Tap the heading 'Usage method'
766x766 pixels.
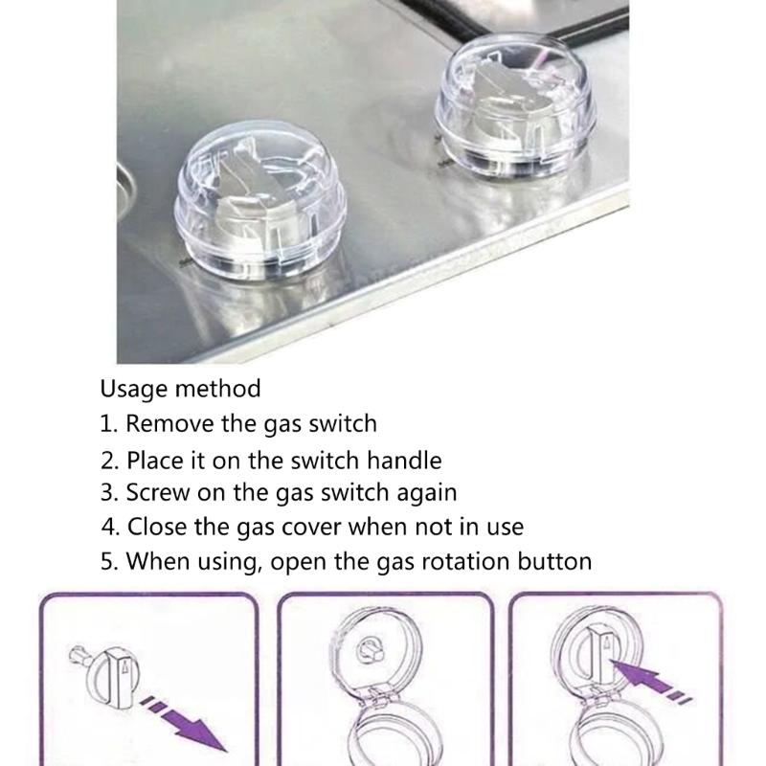click(180, 389)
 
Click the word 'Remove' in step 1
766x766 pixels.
click(170, 422)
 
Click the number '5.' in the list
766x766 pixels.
click(110, 560)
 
